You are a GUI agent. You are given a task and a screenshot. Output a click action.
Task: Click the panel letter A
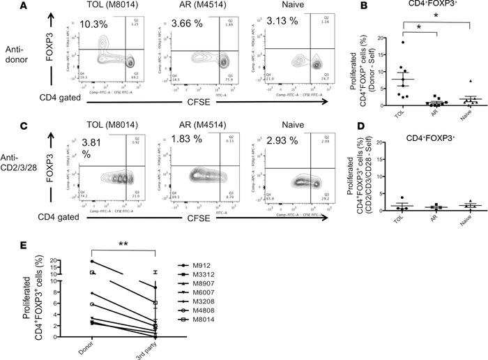pyautogui.click(x=5, y=6)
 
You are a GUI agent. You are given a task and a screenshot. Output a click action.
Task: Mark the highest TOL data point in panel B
pyautogui.click(x=403, y=43)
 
